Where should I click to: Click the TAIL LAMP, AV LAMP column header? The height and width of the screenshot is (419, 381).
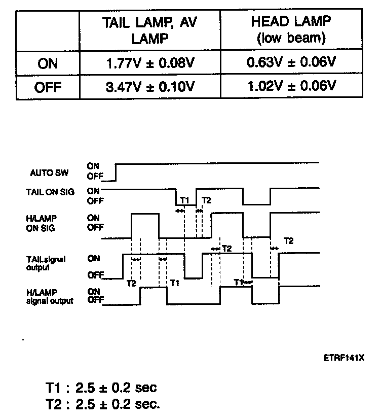pos(150,30)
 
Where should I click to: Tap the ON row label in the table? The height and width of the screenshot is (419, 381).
pos(48,64)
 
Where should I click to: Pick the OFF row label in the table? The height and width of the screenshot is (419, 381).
pos(48,87)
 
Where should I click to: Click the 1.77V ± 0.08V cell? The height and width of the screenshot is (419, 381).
pos(150,64)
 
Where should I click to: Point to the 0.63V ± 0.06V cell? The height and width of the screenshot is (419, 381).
pos(291,63)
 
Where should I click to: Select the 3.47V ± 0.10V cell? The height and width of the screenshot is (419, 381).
pos(150,87)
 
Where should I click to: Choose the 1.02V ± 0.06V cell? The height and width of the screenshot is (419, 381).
pos(291,86)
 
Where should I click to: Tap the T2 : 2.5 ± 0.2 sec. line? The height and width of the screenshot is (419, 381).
pos(102,404)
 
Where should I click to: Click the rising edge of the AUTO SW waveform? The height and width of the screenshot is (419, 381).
pos(116,171)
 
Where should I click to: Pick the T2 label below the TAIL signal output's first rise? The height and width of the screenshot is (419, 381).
pos(131,283)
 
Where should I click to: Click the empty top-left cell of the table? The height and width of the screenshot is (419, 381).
pos(48,30)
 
